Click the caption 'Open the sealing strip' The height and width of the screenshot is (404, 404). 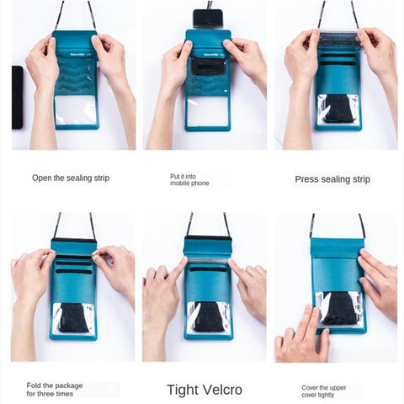click(71, 178)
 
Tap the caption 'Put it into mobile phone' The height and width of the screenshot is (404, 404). click(189, 180)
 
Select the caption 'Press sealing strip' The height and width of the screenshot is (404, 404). click(332, 179)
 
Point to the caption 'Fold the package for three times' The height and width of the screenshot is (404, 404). click(55, 390)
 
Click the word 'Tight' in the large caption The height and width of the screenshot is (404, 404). click(183, 390)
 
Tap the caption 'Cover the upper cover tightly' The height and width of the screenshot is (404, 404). click(324, 391)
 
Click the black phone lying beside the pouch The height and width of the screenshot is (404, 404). click(18, 98)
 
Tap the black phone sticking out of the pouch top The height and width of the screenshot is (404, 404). click(208, 18)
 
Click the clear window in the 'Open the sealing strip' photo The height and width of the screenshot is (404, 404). click(77, 110)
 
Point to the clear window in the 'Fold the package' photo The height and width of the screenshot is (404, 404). click(74, 317)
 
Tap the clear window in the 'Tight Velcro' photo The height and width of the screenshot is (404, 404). click(208, 318)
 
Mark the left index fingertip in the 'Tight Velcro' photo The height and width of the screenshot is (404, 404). click(184, 259)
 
